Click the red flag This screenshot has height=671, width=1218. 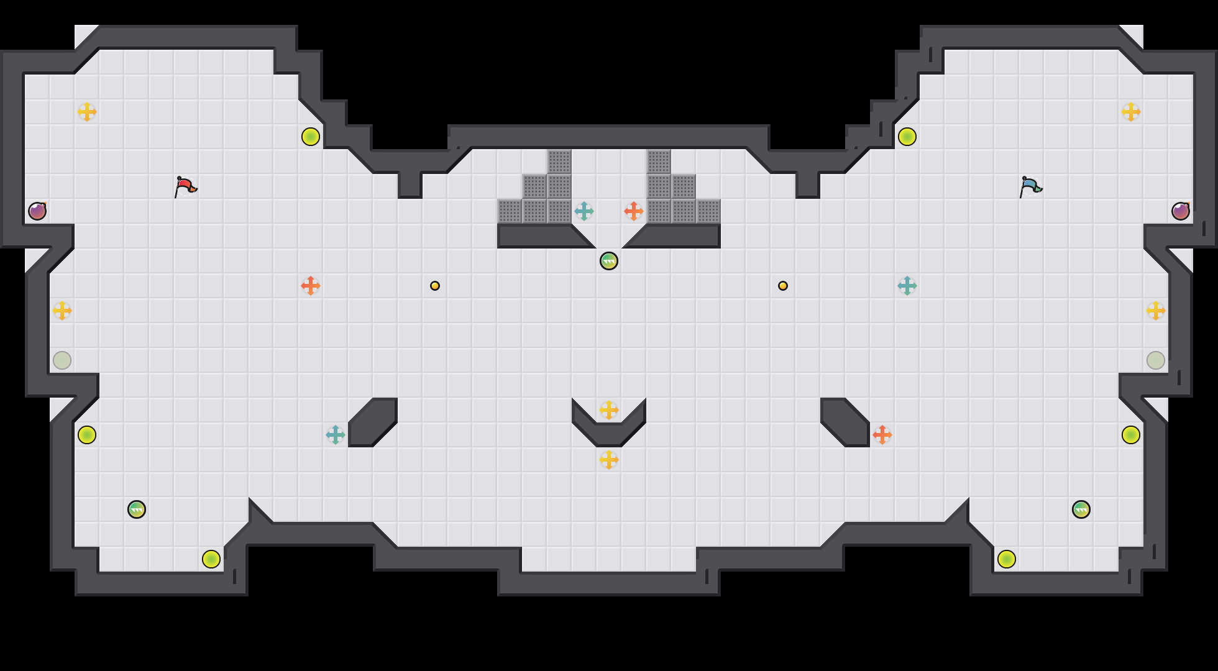tap(185, 186)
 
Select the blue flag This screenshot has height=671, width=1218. tap(1030, 186)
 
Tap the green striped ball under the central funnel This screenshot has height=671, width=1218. tap(609, 261)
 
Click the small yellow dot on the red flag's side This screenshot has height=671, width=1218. tap(435, 286)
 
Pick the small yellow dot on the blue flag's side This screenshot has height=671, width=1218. tap(783, 286)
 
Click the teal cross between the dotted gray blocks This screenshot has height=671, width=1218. tap(584, 211)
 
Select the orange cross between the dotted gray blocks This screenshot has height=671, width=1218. tap(634, 211)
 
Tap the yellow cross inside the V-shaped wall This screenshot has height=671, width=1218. tap(609, 410)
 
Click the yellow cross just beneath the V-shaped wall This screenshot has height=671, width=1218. tap(609, 460)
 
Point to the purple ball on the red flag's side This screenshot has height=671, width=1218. tap(37, 211)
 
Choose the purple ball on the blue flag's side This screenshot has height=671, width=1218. tap(1181, 211)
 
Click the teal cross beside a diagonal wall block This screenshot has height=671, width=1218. tap(336, 435)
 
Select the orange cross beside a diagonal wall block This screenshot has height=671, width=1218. tap(882, 435)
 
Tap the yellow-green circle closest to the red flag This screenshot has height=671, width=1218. tap(311, 137)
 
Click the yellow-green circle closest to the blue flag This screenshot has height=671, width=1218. tap(907, 137)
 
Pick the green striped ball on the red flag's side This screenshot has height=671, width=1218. tap(137, 509)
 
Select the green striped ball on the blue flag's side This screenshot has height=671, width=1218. tap(1081, 509)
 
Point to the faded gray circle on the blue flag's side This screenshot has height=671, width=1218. tap(1156, 360)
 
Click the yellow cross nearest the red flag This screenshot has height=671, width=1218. tap(87, 112)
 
